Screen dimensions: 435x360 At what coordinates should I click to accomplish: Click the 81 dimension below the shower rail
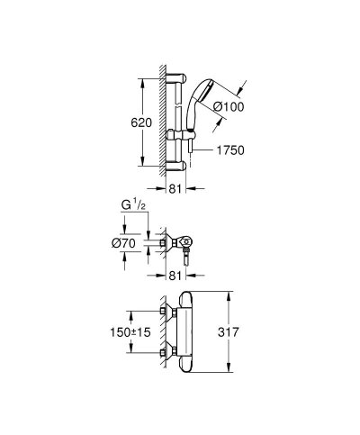[177, 189]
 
